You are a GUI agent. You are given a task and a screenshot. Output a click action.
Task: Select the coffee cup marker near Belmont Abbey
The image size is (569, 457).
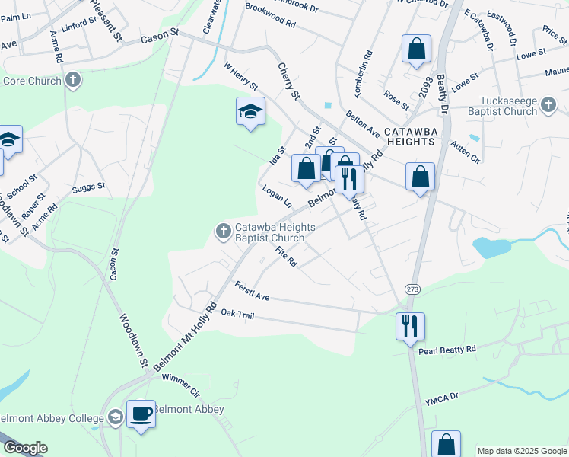click(141, 414)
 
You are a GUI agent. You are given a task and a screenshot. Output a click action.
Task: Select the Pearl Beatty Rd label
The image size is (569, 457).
click(447, 349)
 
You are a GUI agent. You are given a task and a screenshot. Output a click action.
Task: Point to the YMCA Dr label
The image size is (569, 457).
click(443, 396)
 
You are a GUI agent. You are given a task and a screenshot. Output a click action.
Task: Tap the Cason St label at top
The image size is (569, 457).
click(159, 34)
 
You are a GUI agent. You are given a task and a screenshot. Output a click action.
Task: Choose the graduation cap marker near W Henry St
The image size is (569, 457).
click(250, 112)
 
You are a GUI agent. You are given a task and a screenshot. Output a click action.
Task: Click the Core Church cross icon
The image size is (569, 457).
click(73, 80)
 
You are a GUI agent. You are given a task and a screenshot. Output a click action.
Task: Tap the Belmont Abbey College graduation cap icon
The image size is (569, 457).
click(115, 417)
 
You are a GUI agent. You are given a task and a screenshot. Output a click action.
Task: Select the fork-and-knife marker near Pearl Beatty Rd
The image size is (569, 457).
click(410, 325)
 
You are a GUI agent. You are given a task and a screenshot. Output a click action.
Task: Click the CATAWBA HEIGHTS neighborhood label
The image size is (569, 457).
click(410, 136)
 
